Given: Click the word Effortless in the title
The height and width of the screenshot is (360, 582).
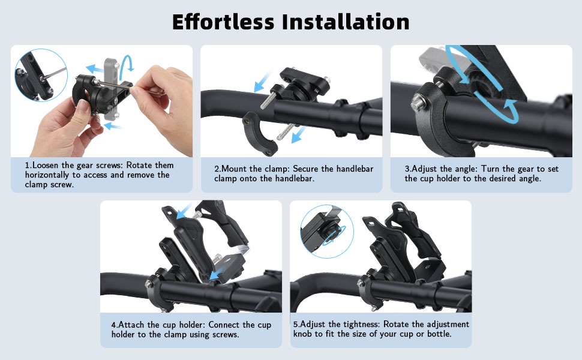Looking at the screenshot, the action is tap(223, 22).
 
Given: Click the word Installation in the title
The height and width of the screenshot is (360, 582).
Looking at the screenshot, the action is tap(346, 22).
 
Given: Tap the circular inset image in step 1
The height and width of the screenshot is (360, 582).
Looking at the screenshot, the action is tap(41, 75).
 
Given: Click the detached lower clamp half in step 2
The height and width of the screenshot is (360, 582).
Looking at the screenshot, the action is tap(259, 134).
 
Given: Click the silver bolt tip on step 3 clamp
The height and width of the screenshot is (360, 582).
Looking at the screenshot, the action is tap(418, 103).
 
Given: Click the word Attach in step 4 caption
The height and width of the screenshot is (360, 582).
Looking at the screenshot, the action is tap(131, 325).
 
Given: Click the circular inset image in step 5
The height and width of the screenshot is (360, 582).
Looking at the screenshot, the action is tap(326, 232).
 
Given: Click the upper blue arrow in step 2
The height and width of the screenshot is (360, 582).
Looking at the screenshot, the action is tap(262, 82).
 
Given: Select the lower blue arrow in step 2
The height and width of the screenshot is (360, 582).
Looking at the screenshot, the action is tap(298, 135).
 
